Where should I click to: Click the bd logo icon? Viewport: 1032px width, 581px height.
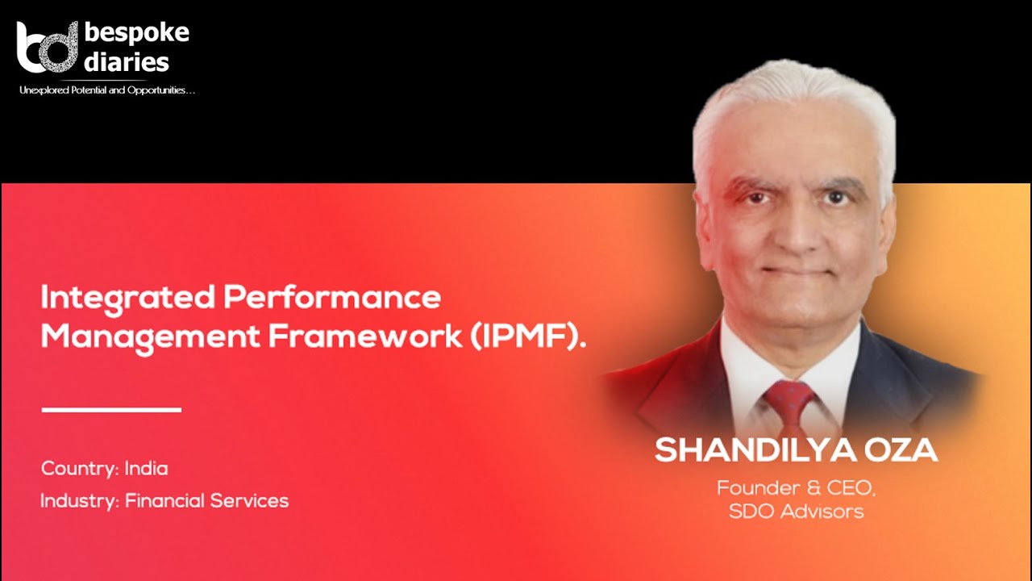tap(46, 48)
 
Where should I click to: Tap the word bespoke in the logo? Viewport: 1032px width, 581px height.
tap(136, 33)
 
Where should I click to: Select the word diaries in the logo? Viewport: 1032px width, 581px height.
tap(127, 62)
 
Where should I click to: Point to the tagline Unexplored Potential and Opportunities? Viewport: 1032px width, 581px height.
tap(107, 90)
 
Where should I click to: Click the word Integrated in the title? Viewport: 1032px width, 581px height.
tap(127, 298)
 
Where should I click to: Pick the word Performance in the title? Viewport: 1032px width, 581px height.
tap(331, 298)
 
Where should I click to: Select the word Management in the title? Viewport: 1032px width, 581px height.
tap(149, 337)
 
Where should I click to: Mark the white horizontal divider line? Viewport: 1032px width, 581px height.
tap(111, 410)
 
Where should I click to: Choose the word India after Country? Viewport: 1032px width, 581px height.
tap(146, 468)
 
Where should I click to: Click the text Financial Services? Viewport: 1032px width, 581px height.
tap(206, 500)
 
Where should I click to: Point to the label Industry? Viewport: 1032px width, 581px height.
tap(80, 500)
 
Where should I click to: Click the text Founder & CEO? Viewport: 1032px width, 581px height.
tap(796, 487)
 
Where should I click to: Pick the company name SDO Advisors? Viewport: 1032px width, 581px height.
tap(796, 511)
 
